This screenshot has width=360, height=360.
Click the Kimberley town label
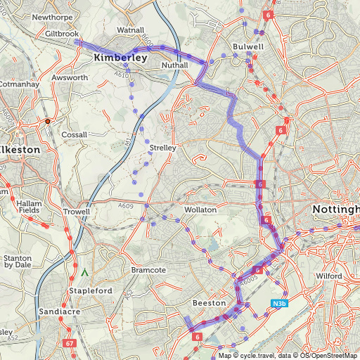click(x=120, y=58)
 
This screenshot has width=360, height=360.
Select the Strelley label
click(x=162, y=148)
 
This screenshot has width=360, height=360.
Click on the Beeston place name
click(x=209, y=303)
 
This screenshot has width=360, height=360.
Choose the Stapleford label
click(x=91, y=290)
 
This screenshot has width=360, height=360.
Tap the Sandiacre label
click(x=58, y=311)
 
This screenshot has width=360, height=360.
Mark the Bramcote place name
click(x=148, y=270)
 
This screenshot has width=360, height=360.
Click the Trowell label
click(x=76, y=212)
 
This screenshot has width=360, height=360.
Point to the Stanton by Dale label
click(x=19, y=262)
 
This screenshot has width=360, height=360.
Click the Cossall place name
click(x=75, y=134)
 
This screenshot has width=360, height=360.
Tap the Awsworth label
click(x=68, y=78)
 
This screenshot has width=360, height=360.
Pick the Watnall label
click(x=130, y=31)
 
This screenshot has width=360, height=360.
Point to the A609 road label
click(x=126, y=205)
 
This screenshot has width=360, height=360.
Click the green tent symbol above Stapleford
click(x=85, y=271)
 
